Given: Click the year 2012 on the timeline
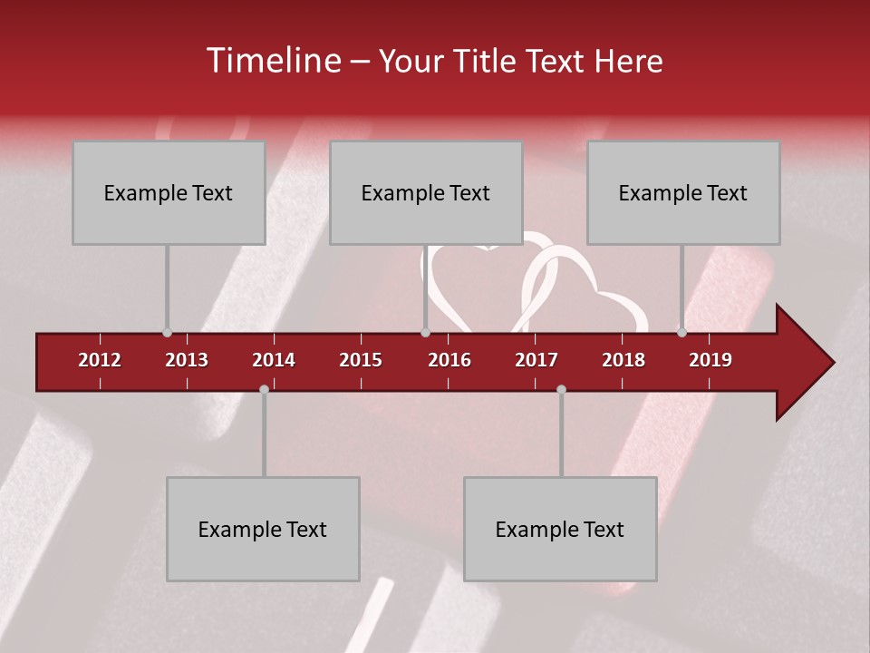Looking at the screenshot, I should pyautogui.click(x=100, y=360).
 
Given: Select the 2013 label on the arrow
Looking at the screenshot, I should pyautogui.click(x=187, y=360).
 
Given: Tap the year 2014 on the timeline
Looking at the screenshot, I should pyautogui.click(x=274, y=360).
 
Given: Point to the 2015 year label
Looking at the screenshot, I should pyautogui.click(x=361, y=360).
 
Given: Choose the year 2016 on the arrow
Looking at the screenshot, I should pyautogui.click(x=449, y=360).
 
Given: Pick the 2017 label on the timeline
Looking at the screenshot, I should pyautogui.click(x=536, y=360).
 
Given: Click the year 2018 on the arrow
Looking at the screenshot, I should pyautogui.click(x=623, y=360).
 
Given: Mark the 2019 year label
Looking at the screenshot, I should pyautogui.click(x=710, y=360).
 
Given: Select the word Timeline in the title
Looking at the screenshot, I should pyautogui.click(x=272, y=61).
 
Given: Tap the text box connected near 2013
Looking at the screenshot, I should pyautogui.click(x=169, y=193).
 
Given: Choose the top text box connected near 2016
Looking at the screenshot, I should pyautogui.click(x=426, y=193).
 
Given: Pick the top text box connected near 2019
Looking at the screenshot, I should pyautogui.click(x=683, y=193).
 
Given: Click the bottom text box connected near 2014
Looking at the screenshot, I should pyautogui.click(x=263, y=529).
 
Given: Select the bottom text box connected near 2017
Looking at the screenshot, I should pyautogui.click(x=560, y=529).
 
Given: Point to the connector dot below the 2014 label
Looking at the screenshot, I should pyautogui.click(x=264, y=389).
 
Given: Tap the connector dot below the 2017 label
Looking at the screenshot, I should pyautogui.click(x=561, y=389).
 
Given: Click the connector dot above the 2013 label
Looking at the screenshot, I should pyautogui.click(x=167, y=332).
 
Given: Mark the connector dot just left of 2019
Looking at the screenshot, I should pyautogui.click(x=681, y=332).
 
